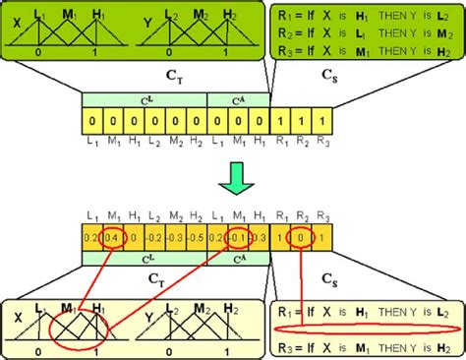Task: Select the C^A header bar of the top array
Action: [x=238, y=100]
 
